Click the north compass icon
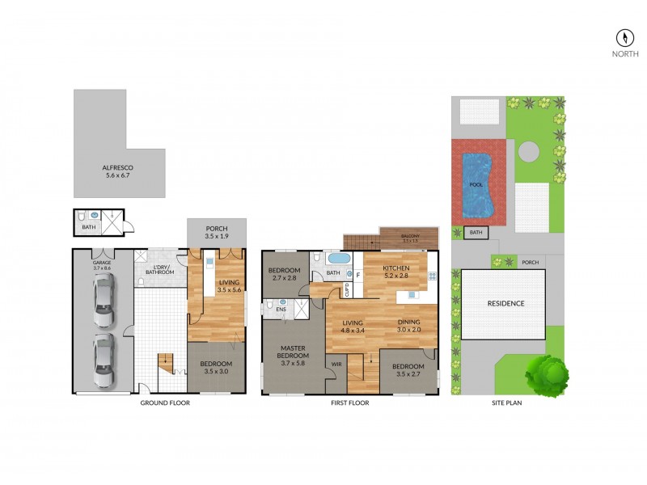point(625,38)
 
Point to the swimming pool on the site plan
point(478,183)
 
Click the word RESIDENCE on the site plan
point(505,304)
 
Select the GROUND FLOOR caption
point(165,403)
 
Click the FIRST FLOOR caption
point(350,403)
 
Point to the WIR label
point(336,364)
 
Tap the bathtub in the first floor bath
point(338,259)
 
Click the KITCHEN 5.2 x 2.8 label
point(396,272)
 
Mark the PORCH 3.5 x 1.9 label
point(217,232)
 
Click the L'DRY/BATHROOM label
point(164,269)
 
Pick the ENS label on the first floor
point(281,308)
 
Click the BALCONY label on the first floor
point(410,238)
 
